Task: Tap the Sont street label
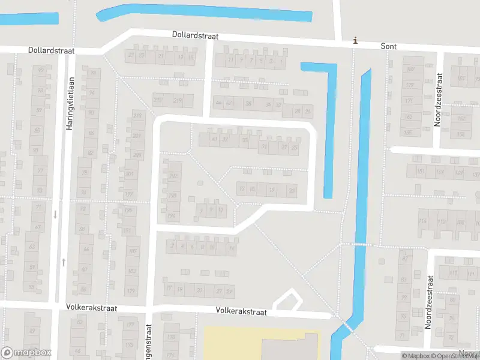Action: click(x=389, y=46)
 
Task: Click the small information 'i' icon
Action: click(x=355, y=41)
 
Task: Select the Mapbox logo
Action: click(x=26, y=353)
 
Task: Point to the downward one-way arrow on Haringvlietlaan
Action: click(x=55, y=214)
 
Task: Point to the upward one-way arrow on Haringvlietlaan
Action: click(x=64, y=262)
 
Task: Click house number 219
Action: click(x=178, y=100)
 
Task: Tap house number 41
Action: click(x=215, y=139)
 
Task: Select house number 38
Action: click(x=248, y=104)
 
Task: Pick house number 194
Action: click(x=172, y=216)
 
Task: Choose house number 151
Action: click(x=421, y=173)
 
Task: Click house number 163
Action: click(x=131, y=271)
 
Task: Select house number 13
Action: click(x=242, y=189)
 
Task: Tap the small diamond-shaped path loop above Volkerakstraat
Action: click(x=286, y=299)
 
